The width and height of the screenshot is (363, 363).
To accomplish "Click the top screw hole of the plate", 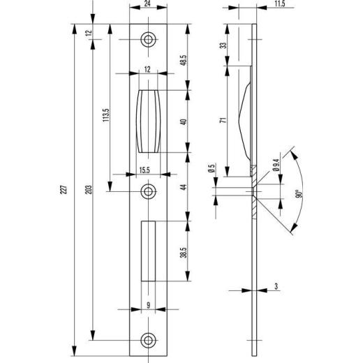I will [148, 40].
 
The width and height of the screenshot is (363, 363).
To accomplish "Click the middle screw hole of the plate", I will [148, 191].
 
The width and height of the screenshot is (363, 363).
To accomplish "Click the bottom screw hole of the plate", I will [148, 340].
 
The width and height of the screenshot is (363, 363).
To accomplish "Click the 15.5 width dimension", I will [145, 170].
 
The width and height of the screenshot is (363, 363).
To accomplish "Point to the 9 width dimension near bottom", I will [148, 304].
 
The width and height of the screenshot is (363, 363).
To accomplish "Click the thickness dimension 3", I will [276, 286].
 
